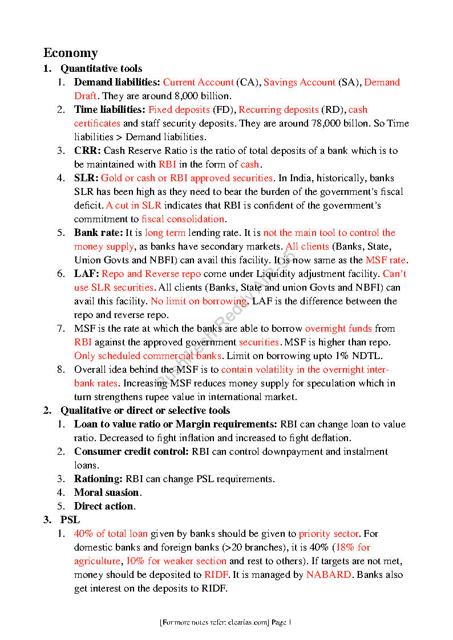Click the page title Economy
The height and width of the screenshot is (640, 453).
click(71, 53)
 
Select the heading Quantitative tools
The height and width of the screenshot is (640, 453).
click(102, 68)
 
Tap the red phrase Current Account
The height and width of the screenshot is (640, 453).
click(199, 82)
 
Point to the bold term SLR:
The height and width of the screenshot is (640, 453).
click(87, 178)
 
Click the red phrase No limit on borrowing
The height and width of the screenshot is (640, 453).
click(199, 301)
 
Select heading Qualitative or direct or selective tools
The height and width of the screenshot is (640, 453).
click(145, 410)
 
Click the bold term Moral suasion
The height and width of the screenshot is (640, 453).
click(107, 492)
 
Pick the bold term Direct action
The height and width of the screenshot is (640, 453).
click(104, 506)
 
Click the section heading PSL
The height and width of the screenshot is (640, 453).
click(70, 520)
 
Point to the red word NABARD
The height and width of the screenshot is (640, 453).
click(329, 574)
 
